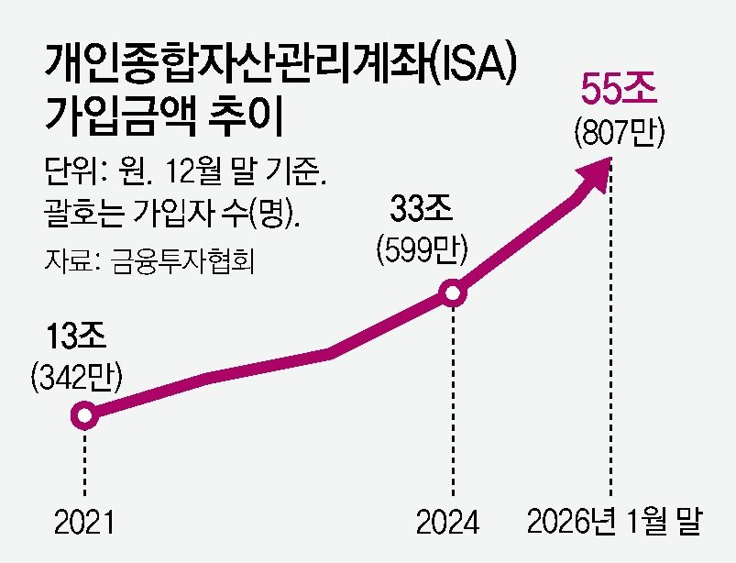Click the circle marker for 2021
84,416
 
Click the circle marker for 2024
453,294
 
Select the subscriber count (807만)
619,135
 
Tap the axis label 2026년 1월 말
614,522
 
